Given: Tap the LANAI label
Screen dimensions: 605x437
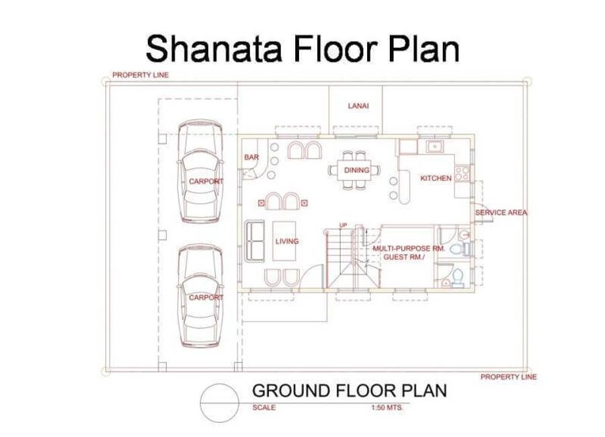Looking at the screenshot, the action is pos(358,106).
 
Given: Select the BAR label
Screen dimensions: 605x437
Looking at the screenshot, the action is pos(251,157).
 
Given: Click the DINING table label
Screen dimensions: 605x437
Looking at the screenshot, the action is pos(356,170).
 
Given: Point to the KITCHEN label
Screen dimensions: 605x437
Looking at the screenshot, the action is pos(436,178).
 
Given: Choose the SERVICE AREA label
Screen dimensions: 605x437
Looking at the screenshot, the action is pos(501,212).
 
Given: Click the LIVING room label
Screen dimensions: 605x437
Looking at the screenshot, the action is pos(286,241).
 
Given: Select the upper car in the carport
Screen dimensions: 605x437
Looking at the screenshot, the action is pos(200,171).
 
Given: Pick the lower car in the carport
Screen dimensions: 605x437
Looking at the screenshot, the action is pos(200,295).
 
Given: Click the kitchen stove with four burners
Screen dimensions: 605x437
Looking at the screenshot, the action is pos(462,173).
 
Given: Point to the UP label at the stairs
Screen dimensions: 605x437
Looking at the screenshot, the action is pos(343,225).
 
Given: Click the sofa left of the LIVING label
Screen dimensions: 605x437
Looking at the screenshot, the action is pos(255,241).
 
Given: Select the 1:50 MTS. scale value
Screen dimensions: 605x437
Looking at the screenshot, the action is pos(387,407).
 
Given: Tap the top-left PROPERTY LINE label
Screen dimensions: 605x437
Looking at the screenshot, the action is pos(140,75).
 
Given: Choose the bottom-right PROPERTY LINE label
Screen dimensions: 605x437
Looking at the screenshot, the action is pos(509,376).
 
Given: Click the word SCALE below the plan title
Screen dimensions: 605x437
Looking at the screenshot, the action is pos(264,407).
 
